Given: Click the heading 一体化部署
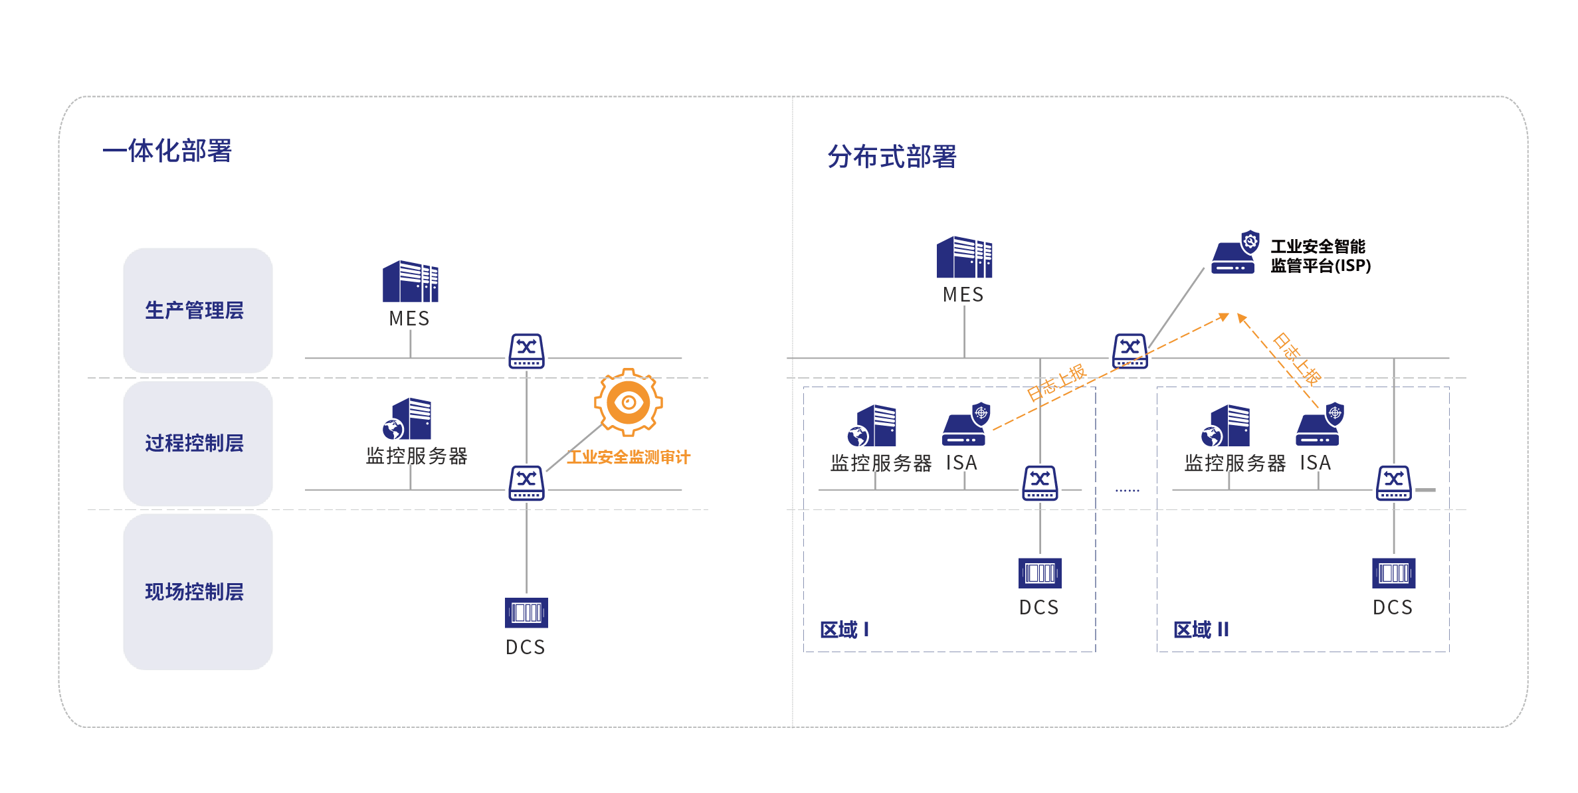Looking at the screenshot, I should click(167, 151).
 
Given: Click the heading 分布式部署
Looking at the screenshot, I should click(892, 157).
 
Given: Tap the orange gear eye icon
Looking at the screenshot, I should click(628, 402).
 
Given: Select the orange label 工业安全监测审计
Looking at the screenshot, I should click(629, 457).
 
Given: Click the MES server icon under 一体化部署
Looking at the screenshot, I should click(411, 282).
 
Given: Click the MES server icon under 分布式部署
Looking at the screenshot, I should click(964, 257).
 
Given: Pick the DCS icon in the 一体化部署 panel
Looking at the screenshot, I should click(526, 612).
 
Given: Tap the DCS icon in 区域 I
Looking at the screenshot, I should click(1040, 573).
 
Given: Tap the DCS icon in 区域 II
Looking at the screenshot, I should click(1393, 573).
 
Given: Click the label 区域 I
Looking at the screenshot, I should click(844, 629).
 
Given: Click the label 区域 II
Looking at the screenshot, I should click(1201, 629).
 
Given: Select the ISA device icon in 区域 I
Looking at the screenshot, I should click(965, 425).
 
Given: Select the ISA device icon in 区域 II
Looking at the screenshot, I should click(1319, 425).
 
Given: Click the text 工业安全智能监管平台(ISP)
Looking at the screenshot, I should click(1320, 256).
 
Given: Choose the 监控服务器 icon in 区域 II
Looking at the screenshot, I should click(1227, 426).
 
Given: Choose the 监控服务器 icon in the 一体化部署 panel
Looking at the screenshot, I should click(408, 419).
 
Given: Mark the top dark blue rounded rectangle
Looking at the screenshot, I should click(198, 310).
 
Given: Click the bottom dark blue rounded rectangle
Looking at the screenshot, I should click(198, 591).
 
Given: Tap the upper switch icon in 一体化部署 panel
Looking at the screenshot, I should click(526, 351).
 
